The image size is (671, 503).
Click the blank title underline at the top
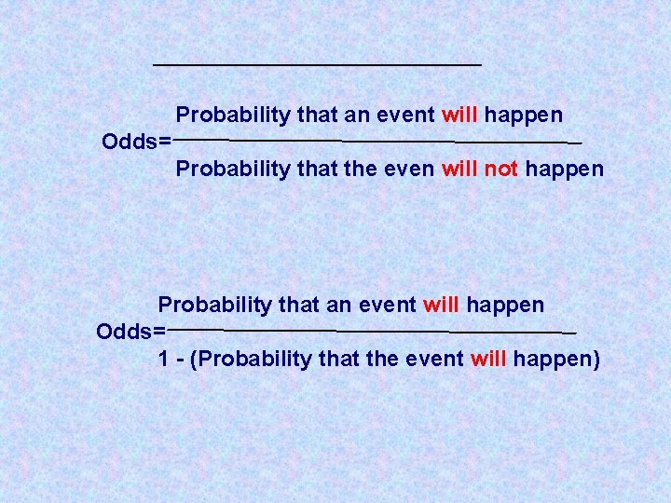click(x=317, y=64)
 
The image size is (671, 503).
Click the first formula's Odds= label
click(x=136, y=143)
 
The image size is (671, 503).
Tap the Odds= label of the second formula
click(x=130, y=332)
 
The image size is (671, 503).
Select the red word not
click(x=501, y=170)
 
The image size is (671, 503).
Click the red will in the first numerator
click(x=459, y=116)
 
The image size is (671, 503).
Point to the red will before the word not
click(x=459, y=170)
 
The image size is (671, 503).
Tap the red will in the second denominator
click(x=489, y=360)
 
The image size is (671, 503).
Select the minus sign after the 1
click(x=179, y=360)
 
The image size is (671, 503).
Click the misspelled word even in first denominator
click(x=408, y=170)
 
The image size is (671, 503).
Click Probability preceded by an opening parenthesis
click(x=253, y=360)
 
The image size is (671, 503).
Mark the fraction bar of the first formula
click(x=377, y=142)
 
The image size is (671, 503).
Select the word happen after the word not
click(x=564, y=170)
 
